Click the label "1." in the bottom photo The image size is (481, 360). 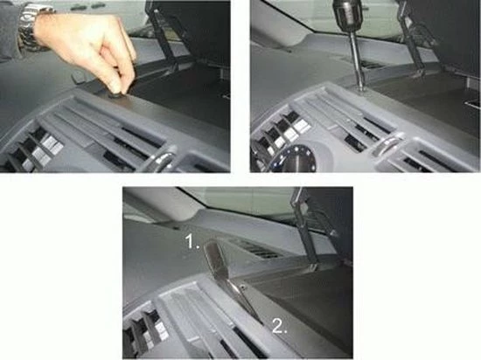pyautogui.click(x=193, y=238)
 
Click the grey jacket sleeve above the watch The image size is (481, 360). pyautogui.click(x=10, y=17)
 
